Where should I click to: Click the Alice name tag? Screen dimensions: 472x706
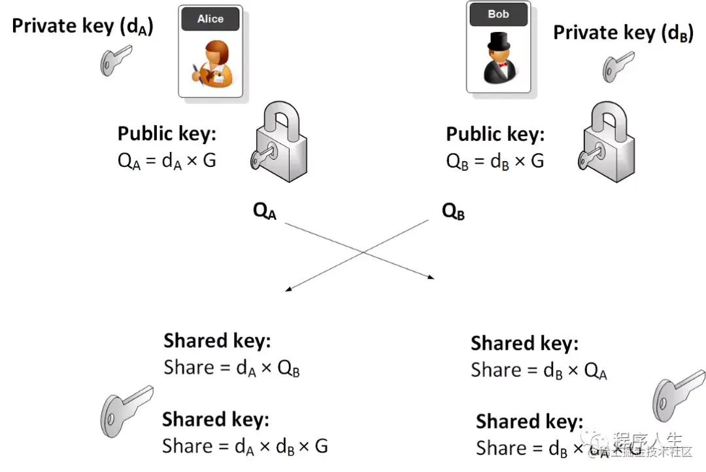[210, 19]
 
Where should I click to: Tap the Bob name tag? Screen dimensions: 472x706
[498, 14]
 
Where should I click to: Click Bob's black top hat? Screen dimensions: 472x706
[499, 43]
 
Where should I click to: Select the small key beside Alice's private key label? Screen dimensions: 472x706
[115, 60]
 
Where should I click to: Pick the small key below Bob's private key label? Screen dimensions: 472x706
[617, 67]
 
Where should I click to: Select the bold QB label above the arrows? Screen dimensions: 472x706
[453, 211]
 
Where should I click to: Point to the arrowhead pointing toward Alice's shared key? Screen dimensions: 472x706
[288, 287]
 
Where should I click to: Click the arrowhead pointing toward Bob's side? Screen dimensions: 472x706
[431, 278]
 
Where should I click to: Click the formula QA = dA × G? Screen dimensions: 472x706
[167, 160]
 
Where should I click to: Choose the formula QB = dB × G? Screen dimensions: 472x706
[495, 161]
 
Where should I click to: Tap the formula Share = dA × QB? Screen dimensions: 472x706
[231, 368]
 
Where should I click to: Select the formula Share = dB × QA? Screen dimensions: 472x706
[539, 371]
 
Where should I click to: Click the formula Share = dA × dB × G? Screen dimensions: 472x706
[245, 446]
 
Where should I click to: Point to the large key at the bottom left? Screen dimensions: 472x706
[126, 407]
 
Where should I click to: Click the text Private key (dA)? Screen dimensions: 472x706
[83, 26]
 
